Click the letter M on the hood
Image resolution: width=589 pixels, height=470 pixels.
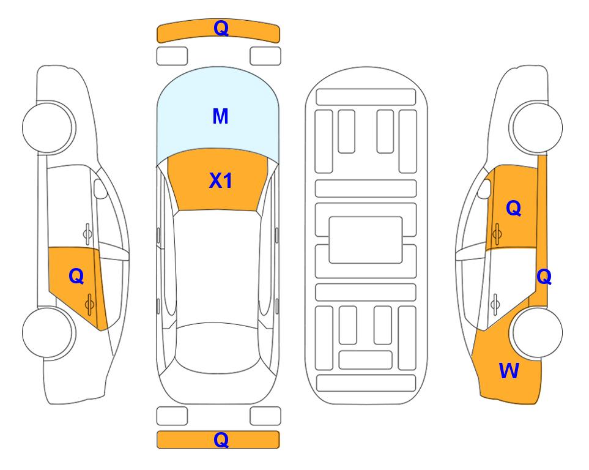(220, 116)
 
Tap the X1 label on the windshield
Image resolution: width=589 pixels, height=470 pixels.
(221, 181)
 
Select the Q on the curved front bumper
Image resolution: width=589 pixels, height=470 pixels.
(221, 28)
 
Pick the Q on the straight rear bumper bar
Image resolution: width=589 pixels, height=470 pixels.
(221, 439)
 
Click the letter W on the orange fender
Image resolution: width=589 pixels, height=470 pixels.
(509, 371)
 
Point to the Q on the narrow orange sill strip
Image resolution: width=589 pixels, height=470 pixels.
(544, 277)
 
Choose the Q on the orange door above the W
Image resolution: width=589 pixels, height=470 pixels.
(514, 208)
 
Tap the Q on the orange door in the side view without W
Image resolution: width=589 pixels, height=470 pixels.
(76, 277)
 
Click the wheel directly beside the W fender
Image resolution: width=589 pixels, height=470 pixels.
(537, 332)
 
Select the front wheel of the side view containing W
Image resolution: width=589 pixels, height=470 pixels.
(536, 128)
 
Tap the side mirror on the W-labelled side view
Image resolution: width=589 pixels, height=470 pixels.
(484, 188)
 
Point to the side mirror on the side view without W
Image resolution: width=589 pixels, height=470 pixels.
(100, 188)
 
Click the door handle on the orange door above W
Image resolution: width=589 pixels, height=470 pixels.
(497, 234)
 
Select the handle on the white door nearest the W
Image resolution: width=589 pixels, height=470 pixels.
(495, 304)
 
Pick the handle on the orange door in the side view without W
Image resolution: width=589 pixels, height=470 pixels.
(89, 304)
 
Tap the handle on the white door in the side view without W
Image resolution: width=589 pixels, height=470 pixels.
(87, 234)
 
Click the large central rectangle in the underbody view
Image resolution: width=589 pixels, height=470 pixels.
(366, 240)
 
